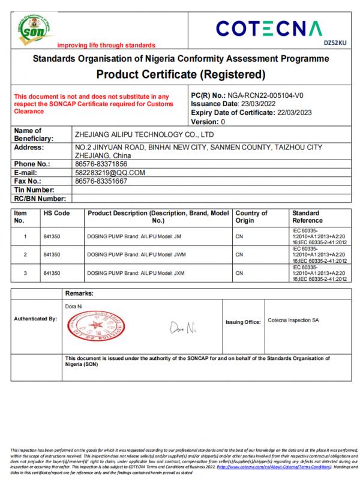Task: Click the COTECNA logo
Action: pos(271,28)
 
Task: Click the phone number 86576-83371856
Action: pos(98,163)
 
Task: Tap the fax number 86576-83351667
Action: pos(98,181)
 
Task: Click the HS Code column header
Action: pos(57,214)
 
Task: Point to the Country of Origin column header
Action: pos(251,217)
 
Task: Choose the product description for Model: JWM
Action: pos(134,255)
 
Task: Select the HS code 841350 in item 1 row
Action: pos(52,236)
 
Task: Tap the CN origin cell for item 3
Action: pos(239,273)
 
